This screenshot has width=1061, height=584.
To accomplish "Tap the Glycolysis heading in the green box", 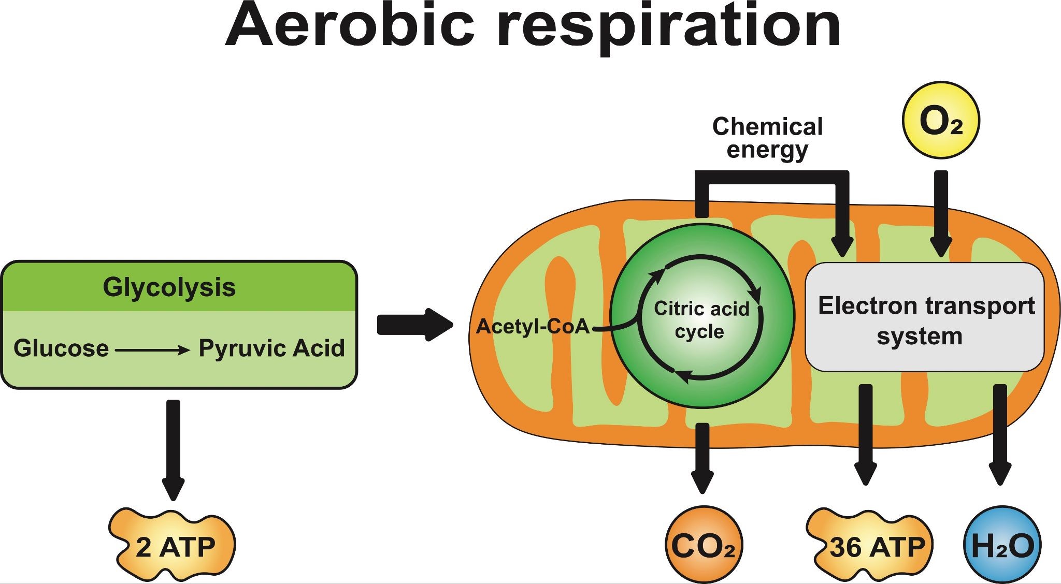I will (x=169, y=287).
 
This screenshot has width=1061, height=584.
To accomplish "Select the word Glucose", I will (x=61, y=348).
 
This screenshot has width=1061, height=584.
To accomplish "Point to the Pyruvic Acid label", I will (x=271, y=348).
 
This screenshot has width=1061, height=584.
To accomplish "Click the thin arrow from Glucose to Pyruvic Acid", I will (x=152, y=351).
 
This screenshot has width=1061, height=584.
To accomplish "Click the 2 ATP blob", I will (x=174, y=547).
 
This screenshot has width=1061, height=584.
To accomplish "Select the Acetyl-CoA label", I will (x=533, y=326).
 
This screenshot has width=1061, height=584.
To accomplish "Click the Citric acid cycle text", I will (x=701, y=319).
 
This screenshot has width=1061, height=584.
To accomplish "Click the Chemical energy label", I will (x=767, y=138).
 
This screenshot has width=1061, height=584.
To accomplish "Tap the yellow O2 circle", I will (x=941, y=120).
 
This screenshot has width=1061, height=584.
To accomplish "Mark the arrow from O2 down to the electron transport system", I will (x=941, y=212).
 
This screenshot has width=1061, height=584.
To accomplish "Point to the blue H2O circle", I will (x=1002, y=546).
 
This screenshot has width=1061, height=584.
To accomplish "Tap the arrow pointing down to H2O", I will (x=1000, y=435).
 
